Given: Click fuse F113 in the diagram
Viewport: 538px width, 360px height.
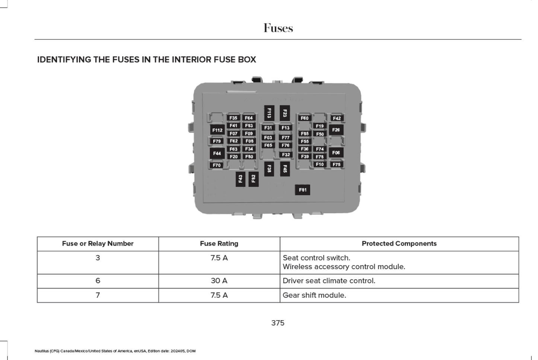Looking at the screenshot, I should coord(269,113).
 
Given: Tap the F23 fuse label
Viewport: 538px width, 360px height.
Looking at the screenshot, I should coord(285,113).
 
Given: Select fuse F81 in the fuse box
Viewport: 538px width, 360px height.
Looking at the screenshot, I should coord(302,190).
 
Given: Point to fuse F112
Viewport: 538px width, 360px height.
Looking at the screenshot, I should coord(217,130).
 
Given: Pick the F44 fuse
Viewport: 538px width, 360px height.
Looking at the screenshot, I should coord(217,153).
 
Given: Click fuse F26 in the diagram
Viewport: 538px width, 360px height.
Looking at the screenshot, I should coord(336,130).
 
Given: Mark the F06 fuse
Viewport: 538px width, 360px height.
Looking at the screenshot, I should coord(336,153).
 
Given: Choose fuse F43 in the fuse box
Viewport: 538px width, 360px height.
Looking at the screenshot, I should coord(241,179).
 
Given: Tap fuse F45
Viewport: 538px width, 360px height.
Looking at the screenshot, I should coord(285,169).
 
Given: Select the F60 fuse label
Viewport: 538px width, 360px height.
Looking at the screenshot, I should coord(305,118).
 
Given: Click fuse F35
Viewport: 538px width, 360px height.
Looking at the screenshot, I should coord(233,118).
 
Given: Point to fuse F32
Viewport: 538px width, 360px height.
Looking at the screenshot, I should coord(286,154).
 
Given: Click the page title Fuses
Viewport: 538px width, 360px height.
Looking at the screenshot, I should coord(278,28).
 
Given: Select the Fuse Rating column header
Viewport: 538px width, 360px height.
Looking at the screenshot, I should coord(219,243).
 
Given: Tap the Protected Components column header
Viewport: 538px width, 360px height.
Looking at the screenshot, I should coord(399,243).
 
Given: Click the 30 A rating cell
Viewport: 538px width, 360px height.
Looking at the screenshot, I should coord(219,281).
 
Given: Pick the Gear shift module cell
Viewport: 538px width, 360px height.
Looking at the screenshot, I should coord(314,295).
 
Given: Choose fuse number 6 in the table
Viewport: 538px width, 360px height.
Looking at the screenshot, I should coord(98,281).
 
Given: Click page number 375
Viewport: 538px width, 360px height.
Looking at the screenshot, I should coord(278,323).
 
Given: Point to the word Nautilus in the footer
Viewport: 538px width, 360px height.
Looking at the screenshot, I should coord(42,351).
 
